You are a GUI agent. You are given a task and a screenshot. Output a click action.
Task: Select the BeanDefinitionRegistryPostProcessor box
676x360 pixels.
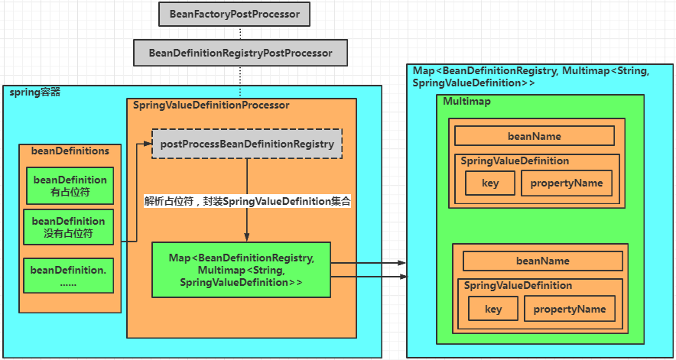[240, 53]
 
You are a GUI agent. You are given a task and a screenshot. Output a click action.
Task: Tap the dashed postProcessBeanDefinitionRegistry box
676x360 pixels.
[246, 144]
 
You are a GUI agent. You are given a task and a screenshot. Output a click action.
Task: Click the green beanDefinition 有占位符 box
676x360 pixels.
[70, 186]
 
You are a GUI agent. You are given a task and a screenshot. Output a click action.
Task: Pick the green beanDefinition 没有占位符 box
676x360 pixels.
[70, 228]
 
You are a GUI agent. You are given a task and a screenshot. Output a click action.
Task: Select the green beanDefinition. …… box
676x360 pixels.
[70, 276]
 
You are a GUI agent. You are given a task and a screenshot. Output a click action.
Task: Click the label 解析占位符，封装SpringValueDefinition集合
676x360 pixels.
[247, 202]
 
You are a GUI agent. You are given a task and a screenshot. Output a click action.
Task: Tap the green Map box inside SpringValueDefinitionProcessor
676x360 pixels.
[241, 270]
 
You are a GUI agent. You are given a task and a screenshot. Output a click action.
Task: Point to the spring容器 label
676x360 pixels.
[34, 92]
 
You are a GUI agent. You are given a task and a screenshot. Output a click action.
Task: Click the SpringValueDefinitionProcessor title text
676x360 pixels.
[211, 105]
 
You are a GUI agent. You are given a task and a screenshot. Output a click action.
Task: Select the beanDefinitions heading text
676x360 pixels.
[70, 151]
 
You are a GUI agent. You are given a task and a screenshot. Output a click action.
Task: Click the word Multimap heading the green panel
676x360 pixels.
[466, 102]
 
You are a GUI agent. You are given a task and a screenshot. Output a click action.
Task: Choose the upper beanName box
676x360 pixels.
[534, 136]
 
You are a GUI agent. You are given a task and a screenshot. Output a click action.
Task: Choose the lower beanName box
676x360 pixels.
[542, 261]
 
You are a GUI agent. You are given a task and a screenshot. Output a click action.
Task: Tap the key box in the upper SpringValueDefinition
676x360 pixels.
[490, 183]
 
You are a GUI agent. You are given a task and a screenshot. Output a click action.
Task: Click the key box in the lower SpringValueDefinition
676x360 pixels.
[493, 309]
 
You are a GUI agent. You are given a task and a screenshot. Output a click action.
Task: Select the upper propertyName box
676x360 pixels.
[566, 183]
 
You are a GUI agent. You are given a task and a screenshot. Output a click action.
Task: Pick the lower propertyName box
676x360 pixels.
[569, 309]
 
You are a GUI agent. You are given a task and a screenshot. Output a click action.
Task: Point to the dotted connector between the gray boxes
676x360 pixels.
[240, 33]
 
